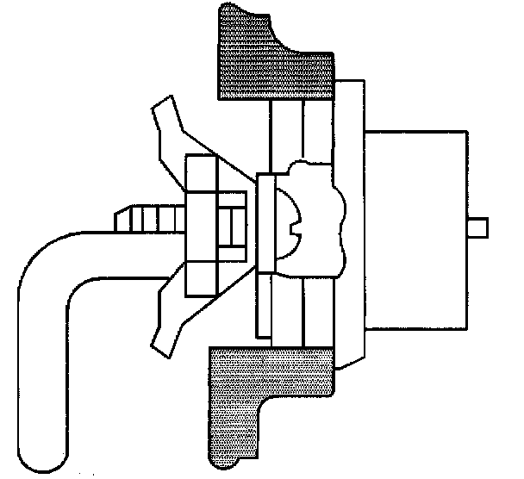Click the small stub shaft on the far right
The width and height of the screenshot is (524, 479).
[x=478, y=227]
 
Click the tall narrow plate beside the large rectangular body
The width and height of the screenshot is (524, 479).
[x=349, y=224]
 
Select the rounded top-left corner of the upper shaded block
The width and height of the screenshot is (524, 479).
[x=226, y=10]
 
